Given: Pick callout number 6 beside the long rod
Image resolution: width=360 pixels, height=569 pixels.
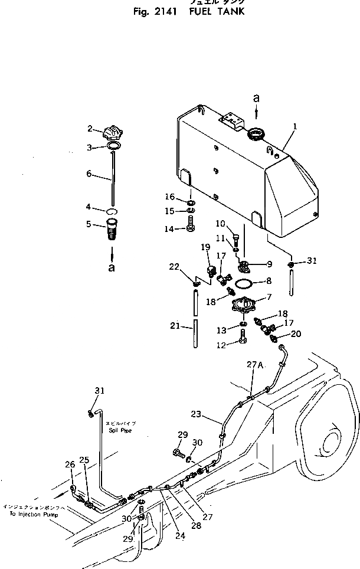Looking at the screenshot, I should click(89, 174).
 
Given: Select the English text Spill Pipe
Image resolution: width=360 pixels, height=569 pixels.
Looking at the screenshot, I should click(118, 431).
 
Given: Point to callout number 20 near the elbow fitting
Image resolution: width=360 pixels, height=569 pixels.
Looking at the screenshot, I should click(296, 333).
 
